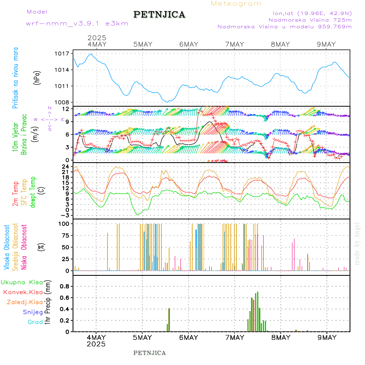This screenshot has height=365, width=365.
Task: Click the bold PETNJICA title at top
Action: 159,15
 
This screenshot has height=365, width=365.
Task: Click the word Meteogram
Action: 236,4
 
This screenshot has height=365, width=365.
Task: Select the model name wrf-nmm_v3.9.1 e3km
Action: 77,24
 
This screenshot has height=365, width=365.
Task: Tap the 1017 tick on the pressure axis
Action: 63,54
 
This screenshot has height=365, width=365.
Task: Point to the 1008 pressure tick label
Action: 63,102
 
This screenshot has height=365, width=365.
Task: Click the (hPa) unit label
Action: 37,77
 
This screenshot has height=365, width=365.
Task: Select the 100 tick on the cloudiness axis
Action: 64,223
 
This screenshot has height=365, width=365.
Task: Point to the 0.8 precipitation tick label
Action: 64,286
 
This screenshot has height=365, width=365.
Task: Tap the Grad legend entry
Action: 35,322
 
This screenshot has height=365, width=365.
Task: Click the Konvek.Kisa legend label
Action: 23,292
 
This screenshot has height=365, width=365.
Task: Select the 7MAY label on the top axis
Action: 234,44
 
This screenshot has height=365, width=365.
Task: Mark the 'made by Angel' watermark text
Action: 357,243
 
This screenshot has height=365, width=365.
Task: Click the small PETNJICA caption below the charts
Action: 150,353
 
